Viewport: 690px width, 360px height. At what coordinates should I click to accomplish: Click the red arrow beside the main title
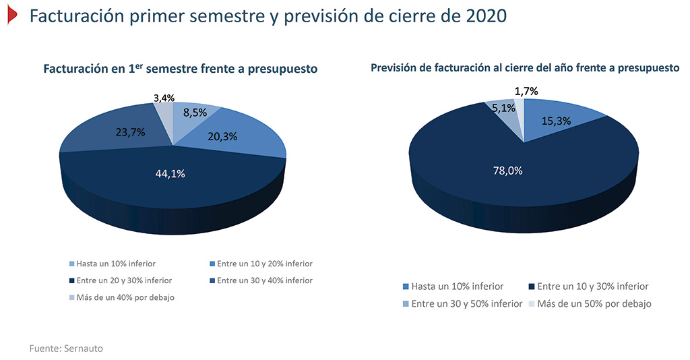[x=12, y=15]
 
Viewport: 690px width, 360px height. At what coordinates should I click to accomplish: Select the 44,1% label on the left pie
[x=170, y=174]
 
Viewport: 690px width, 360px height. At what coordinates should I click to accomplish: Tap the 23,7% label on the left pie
[x=130, y=132]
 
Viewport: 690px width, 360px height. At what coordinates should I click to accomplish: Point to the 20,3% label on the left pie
[x=222, y=136]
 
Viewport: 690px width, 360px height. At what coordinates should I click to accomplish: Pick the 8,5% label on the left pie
[x=195, y=112]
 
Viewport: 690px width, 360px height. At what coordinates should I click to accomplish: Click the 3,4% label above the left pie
[x=164, y=98]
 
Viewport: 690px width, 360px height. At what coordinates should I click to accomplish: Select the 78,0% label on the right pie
[x=507, y=171]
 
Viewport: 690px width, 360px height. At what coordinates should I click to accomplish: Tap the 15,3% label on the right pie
[x=556, y=121]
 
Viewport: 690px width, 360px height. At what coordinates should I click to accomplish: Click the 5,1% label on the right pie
[x=503, y=108]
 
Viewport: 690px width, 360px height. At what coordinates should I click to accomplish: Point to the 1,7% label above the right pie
[x=526, y=91]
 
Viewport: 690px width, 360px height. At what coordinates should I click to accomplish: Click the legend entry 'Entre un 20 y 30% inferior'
[x=120, y=280]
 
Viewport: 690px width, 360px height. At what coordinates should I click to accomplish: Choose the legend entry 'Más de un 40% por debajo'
[x=121, y=297]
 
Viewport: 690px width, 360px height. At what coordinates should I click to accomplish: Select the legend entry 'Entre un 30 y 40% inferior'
[x=261, y=280]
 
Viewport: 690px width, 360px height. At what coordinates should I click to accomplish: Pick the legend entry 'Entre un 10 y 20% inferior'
[x=261, y=264]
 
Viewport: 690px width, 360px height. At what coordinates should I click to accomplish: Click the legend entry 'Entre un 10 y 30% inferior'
[x=588, y=287]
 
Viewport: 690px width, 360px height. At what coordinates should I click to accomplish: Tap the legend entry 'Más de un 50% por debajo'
[x=590, y=303]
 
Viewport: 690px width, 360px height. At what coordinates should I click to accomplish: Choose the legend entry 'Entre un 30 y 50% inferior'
[x=462, y=303]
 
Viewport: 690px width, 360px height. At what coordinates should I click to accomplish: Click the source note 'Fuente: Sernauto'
[x=66, y=349]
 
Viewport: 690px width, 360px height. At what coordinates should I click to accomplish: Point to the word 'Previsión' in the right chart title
[x=393, y=68]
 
